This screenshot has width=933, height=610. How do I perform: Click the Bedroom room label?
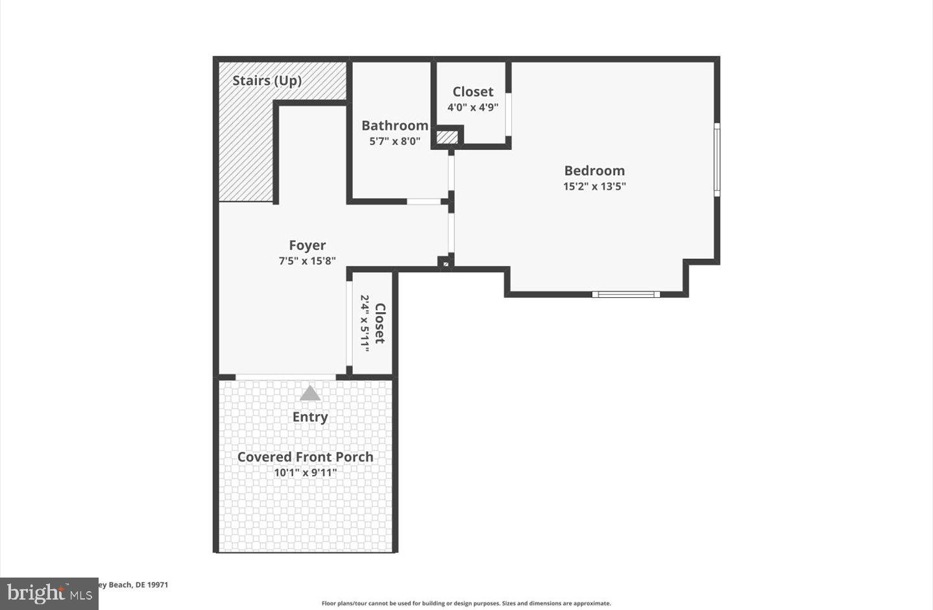[594, 171]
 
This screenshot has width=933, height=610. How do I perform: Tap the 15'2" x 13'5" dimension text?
[594, 186]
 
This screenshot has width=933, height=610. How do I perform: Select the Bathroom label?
[394, 125]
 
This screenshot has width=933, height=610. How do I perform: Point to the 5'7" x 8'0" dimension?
[394, 141]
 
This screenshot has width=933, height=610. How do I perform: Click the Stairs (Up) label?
[267, 80]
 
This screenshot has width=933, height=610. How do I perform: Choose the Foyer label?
[307, 245]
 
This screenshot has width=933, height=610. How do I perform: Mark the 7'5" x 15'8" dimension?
[307, 261]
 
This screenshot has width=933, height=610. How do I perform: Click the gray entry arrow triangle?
[310, 393]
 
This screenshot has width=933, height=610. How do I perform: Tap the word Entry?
[310, 417]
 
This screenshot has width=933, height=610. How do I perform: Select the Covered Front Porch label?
[305, 457]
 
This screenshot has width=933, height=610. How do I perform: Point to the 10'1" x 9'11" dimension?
[305, 472]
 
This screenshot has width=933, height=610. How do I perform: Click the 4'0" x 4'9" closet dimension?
[472, 107]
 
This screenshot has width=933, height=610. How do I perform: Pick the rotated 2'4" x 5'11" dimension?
[365, 323]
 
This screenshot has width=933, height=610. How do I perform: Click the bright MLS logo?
[49, 593]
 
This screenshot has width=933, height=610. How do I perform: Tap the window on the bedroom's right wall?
[717, 160]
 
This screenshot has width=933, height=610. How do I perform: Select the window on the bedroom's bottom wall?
[626, 295]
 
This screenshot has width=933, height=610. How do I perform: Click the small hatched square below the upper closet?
[446, 138]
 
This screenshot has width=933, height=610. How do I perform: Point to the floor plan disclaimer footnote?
[466, 604]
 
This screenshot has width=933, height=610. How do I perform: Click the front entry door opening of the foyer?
[285, 376]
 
